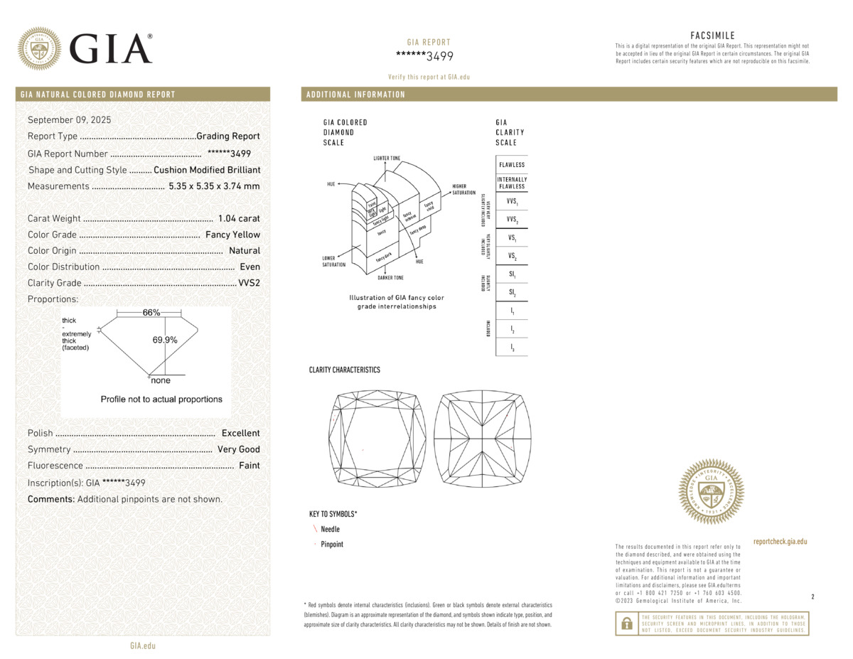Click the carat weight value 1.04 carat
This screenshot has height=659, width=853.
pos(240,219)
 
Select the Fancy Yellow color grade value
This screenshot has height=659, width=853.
pos(232,235)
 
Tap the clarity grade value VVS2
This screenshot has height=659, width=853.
pos(249,283)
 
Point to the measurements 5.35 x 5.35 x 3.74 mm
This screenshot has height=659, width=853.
pos(214,186)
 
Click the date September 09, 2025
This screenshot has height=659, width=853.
pos(69,120)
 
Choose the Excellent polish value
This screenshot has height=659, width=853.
pos(240,433)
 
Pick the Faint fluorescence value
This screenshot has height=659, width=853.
pos(249,466)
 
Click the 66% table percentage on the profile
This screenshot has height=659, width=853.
pos(151,313)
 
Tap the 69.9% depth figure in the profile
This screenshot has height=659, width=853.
pos(165,340)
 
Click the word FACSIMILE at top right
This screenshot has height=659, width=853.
pos(712,36)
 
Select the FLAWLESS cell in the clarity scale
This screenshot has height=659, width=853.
pos(512,165)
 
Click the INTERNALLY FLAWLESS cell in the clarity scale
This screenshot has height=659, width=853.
pos(512,183)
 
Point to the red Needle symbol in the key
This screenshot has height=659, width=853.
pos(315,529)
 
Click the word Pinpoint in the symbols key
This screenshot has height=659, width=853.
pos(332,545)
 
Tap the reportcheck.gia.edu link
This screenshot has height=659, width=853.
pos(780,542)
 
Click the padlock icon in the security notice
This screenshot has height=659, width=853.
pos(626,623)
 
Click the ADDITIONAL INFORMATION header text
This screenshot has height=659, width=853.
pos(355,95)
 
